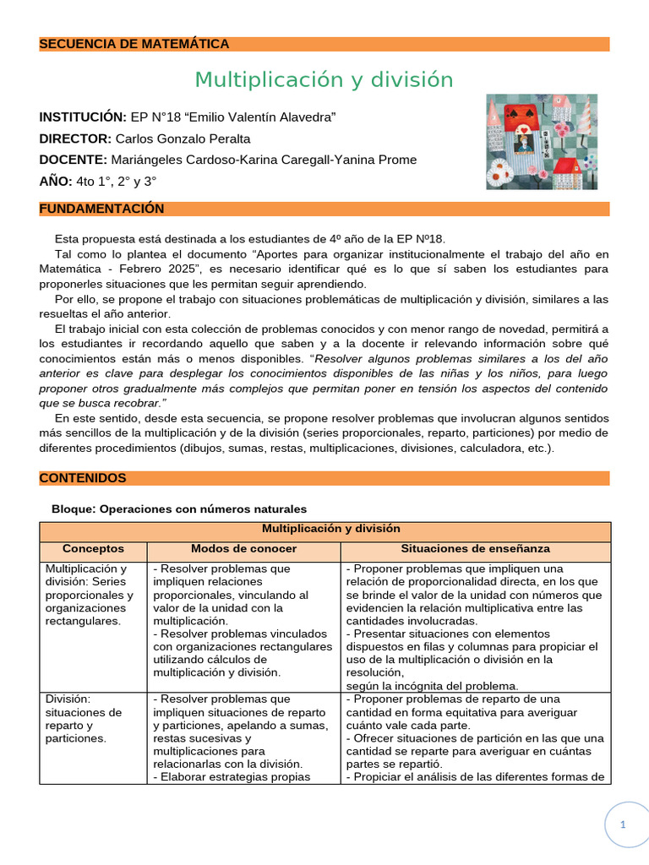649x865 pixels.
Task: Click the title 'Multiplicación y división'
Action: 324,80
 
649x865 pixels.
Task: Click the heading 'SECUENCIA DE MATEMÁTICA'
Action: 134,44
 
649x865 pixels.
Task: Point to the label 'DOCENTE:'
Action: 73,160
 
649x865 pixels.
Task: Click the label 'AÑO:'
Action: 56,182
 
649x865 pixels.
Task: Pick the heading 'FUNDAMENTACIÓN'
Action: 101,209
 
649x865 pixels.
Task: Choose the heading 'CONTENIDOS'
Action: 83,478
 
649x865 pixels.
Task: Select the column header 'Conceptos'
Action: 93,548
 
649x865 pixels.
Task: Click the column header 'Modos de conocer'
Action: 243,548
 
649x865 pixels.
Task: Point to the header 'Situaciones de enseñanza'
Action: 475,548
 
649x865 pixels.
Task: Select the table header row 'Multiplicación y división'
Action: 330,529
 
